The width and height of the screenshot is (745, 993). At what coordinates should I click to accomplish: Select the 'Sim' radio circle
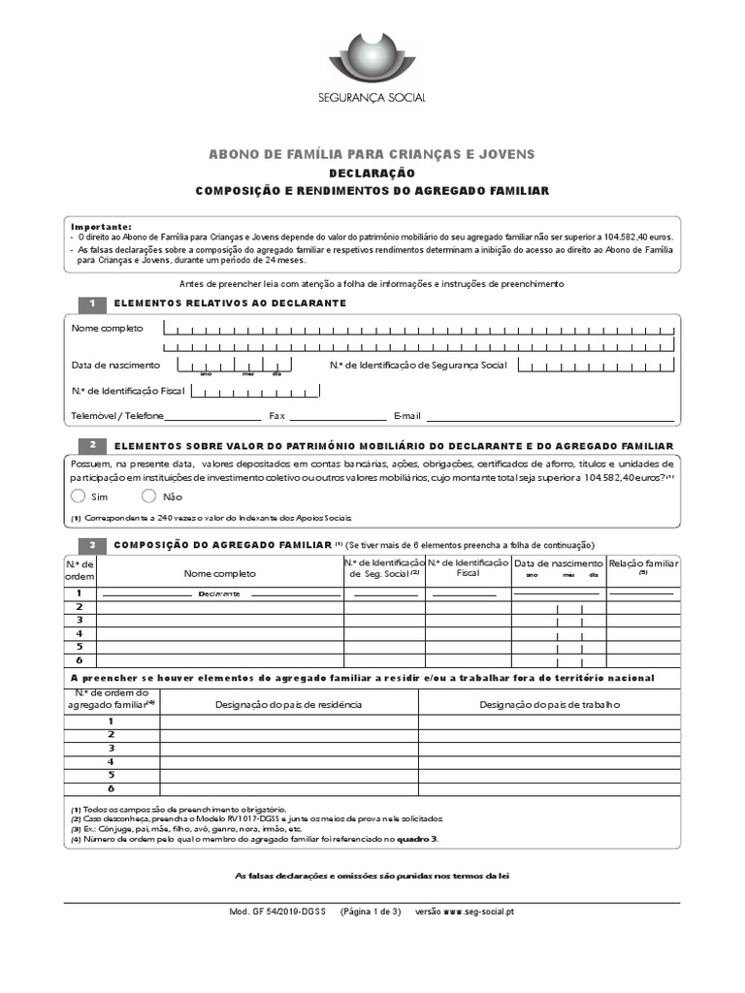point(79,496)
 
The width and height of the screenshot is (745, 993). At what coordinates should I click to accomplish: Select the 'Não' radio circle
point(149,496)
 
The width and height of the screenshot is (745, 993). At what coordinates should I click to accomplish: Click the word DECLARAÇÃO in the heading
point(372,174)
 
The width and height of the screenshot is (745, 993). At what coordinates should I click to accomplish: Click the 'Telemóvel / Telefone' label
point(117,416)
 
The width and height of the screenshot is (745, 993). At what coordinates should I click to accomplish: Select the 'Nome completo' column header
point(220,574)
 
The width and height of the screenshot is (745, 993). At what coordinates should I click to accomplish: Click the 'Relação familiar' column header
point(642,563)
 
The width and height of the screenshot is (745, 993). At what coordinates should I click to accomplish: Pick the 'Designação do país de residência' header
point(288,704)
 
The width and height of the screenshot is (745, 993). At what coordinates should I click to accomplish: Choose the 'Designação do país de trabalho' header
point(549,704)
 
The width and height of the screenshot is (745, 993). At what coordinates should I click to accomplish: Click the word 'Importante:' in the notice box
point(101,226)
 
